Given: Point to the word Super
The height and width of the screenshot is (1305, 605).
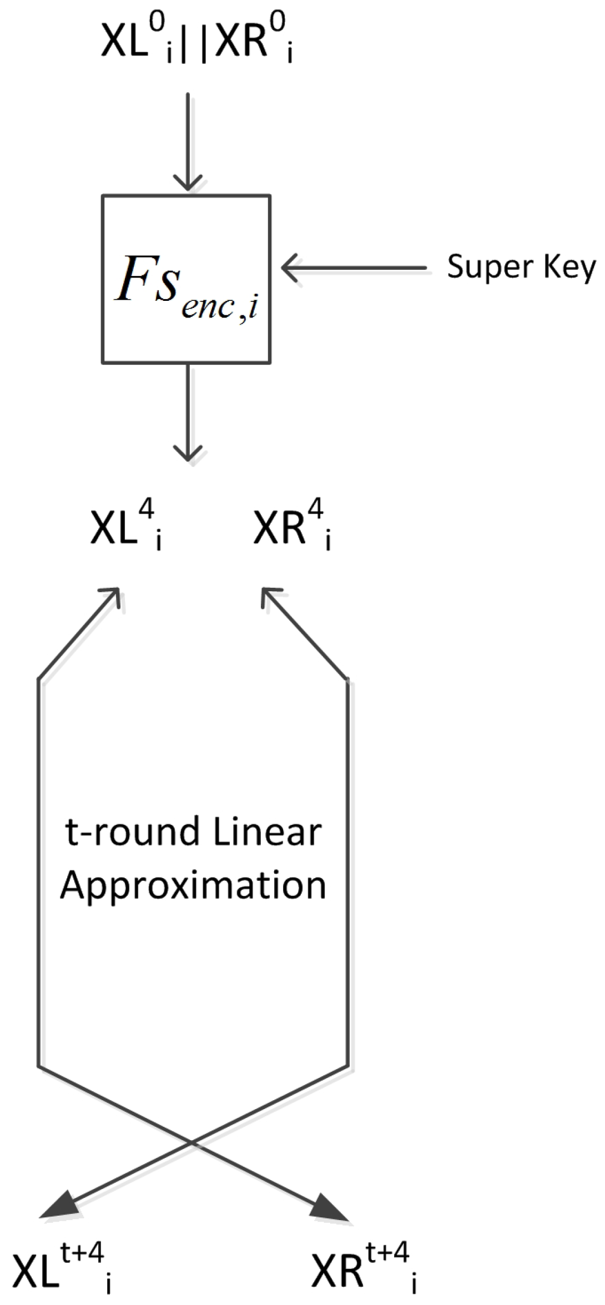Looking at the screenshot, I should tap(480, 268).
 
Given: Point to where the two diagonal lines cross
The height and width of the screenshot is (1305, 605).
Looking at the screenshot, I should tap(193, 1142).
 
